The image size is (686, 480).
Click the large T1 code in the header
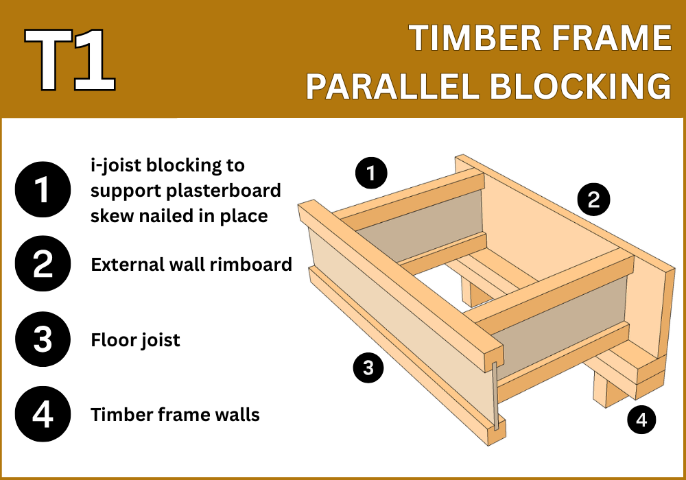click(x=70, y=60)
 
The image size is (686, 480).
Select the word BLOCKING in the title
click(x=580, y=86)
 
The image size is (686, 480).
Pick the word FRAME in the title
click(x=611, y=38)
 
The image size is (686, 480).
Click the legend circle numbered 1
click(x=43, y=190)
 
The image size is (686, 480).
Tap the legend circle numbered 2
click(x=43, y=263)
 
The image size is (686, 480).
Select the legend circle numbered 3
click(x=43, y=339)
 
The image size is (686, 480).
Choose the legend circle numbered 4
click(x=43, y=414)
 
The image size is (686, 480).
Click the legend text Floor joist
click(x=135, y=340)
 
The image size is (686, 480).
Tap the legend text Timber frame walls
click(x=175, y=414)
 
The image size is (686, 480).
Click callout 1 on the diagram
click(x=371, y=173)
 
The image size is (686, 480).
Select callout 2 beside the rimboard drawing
click(x=593, y=200)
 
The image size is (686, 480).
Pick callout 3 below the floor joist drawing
click(x=368, y=368)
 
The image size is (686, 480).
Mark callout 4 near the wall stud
click(x=642, y=420)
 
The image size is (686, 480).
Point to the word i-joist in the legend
click(x=115, y=166)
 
